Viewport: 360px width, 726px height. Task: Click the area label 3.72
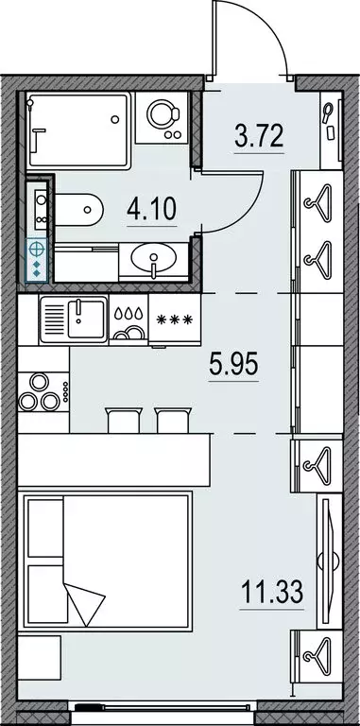(259, 136)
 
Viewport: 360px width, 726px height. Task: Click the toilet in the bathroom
(78, 210)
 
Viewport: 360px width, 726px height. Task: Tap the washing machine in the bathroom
(163, 117)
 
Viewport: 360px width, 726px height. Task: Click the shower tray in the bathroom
(77, 130)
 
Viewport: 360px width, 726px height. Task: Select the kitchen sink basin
(87, 318)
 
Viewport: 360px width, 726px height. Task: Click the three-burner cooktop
(43, 392)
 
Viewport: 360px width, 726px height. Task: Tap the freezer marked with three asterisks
(175, 320)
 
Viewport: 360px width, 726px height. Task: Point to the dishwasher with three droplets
(129, 320)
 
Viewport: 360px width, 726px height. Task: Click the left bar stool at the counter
(124, 420)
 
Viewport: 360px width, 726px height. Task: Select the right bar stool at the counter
(174, 420)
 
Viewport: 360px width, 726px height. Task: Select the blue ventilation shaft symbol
(37, 260)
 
